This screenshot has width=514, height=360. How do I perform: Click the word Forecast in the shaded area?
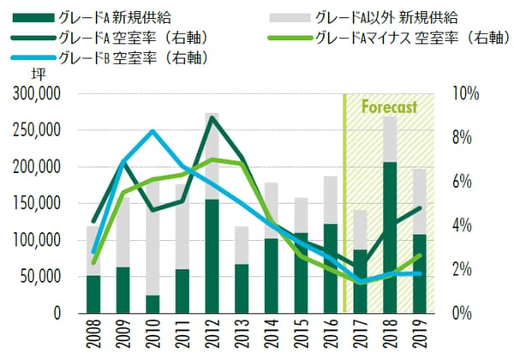coord(389,107)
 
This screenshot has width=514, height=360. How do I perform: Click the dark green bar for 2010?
coord(152,304)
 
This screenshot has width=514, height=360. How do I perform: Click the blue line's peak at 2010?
coord(152,131)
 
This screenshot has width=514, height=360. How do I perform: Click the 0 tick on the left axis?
coord(54,314)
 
